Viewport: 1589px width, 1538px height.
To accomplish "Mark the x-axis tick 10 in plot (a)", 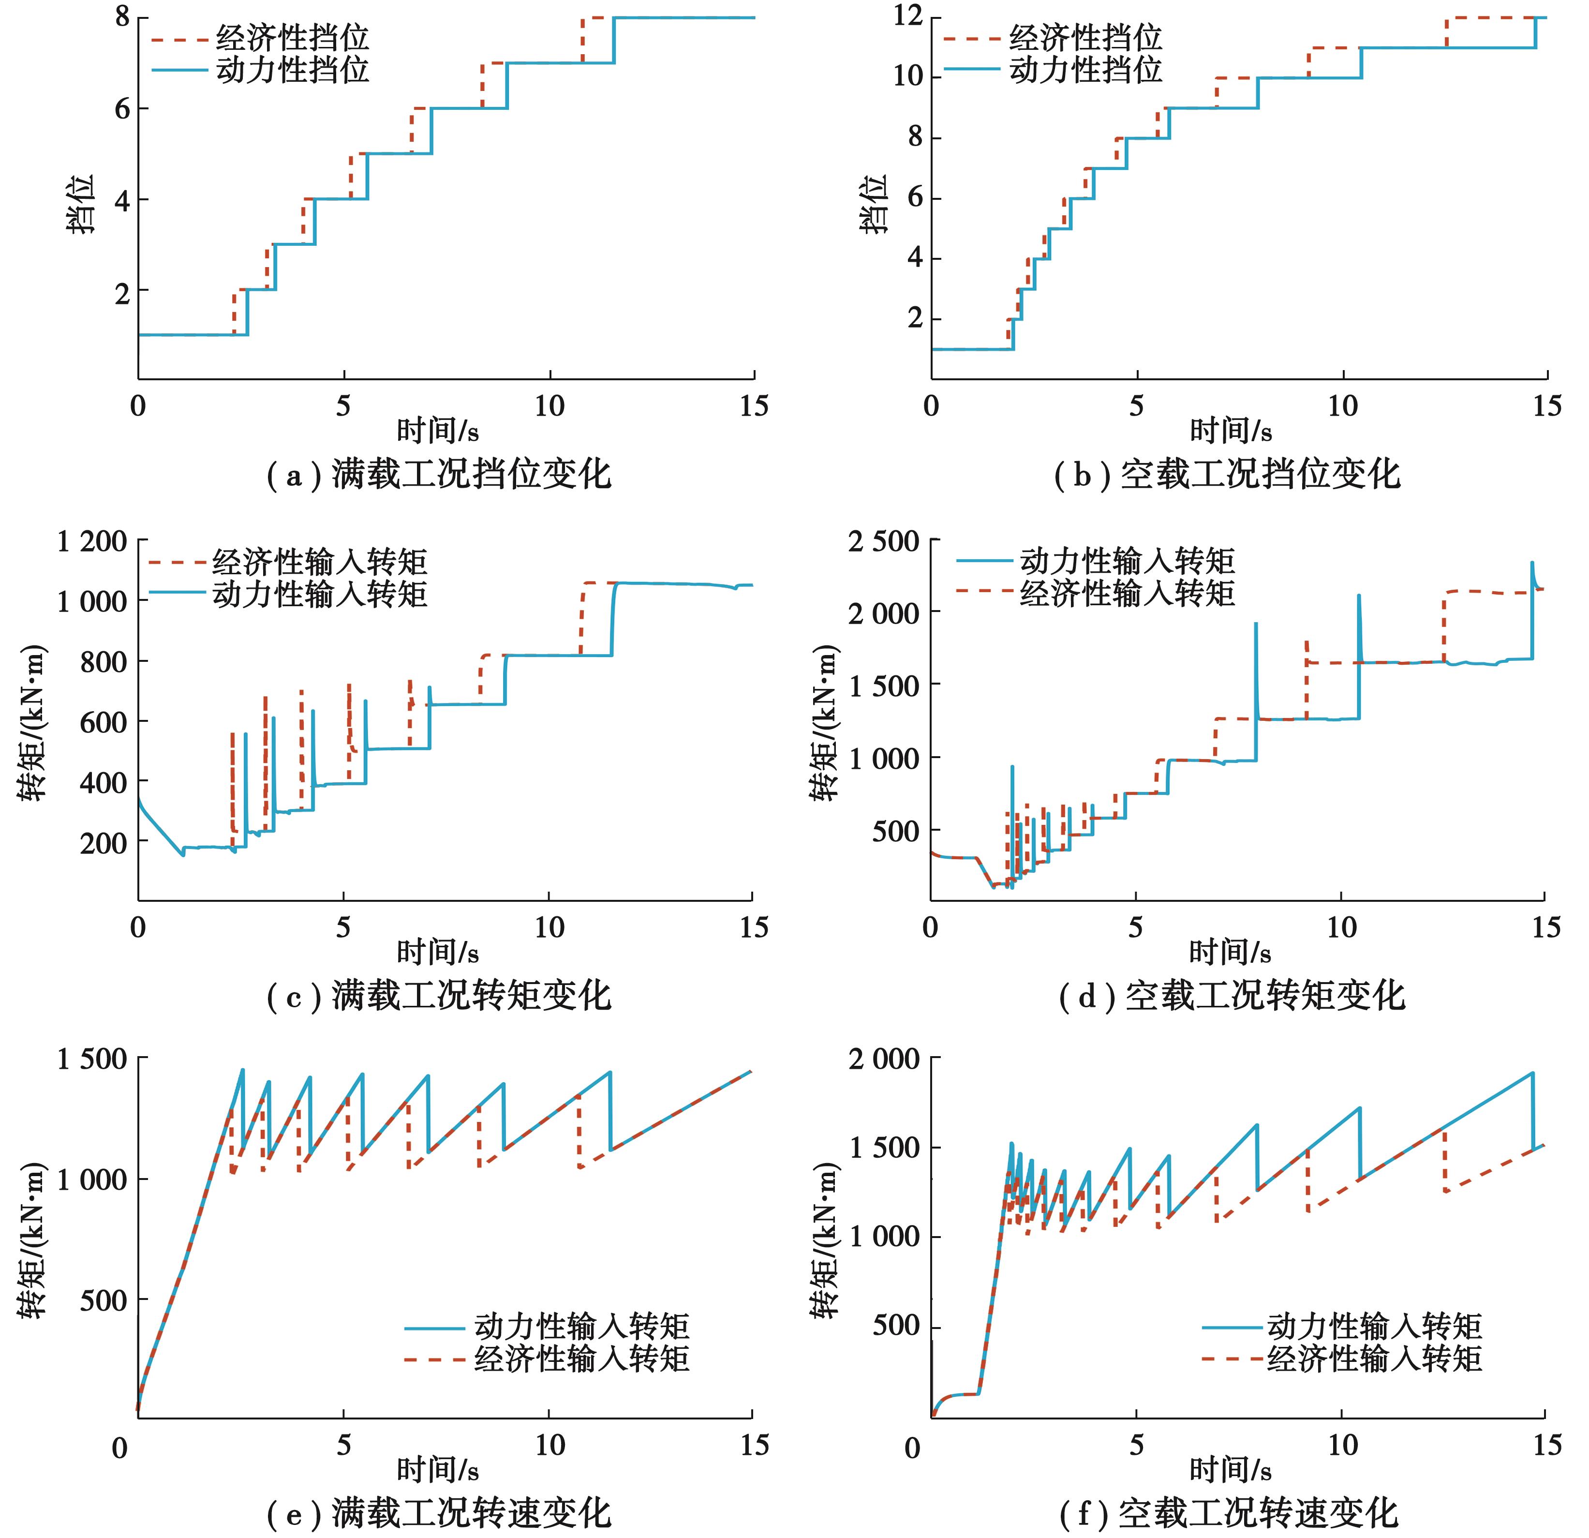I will coord(549,406).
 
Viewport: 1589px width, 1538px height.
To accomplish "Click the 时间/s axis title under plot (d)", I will coord(1230,952).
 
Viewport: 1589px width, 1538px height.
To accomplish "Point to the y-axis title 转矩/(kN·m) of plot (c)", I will coord(32,721).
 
